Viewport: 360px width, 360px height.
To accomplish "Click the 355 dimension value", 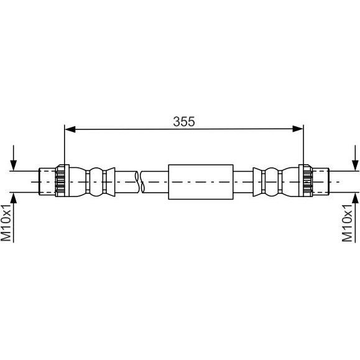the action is (x=184, y=121).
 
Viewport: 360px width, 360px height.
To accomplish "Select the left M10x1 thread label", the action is (x=6, y=223).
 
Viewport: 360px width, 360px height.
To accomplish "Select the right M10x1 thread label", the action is (x=347, y=223).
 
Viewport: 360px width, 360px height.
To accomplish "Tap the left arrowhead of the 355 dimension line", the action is (x=70, y=129).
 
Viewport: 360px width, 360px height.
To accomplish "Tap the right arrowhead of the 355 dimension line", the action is (x=298, y=129).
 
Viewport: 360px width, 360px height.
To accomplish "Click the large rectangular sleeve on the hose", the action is (x=201, y=182).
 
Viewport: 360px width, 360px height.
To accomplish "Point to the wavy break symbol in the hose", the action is (x=140, y=182).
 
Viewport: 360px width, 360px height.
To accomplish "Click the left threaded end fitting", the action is (x=47, y=182).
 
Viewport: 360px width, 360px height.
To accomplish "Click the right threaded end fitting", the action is (x=320, y=182).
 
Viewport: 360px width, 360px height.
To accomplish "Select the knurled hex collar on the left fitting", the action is (x=62, y=181).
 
